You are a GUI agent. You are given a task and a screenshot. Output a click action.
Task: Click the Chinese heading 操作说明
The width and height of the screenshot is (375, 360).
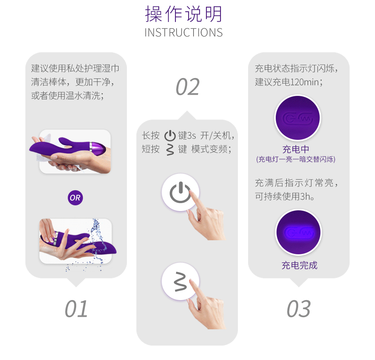(184, 14)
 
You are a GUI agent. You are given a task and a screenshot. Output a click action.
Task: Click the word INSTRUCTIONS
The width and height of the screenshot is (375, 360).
(184, 33)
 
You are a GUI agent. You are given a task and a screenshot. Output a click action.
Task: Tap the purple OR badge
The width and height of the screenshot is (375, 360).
(75, 197)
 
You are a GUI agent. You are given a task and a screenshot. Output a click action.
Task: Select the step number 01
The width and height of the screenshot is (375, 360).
(76, 309)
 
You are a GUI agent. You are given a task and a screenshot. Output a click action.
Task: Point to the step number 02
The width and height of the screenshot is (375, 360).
(187, 87)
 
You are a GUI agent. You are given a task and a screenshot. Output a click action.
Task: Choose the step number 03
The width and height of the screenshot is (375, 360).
(299, 309)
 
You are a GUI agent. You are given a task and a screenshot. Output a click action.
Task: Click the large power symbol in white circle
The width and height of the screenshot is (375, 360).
(180, 193)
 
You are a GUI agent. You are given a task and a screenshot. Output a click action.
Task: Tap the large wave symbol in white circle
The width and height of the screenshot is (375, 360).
(181, 282)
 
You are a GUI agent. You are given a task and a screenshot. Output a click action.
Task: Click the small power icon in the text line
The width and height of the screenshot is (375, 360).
(170, 136)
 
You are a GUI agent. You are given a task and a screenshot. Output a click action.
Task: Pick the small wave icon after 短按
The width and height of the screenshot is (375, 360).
(170, 150)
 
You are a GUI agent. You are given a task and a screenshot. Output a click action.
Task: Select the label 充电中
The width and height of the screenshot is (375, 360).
(296, 149)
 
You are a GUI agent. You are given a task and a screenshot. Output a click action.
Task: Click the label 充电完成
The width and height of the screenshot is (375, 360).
(299, 265)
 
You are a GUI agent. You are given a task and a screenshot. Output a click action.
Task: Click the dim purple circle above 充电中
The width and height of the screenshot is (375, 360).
(297, 118)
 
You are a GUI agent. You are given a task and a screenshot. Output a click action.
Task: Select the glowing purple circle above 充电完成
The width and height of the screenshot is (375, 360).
(298, 232)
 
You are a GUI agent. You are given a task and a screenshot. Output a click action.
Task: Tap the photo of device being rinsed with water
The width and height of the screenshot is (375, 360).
(77, 242)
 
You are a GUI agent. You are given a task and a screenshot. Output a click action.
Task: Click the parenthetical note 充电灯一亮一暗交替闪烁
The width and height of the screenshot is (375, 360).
(296, 159)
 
